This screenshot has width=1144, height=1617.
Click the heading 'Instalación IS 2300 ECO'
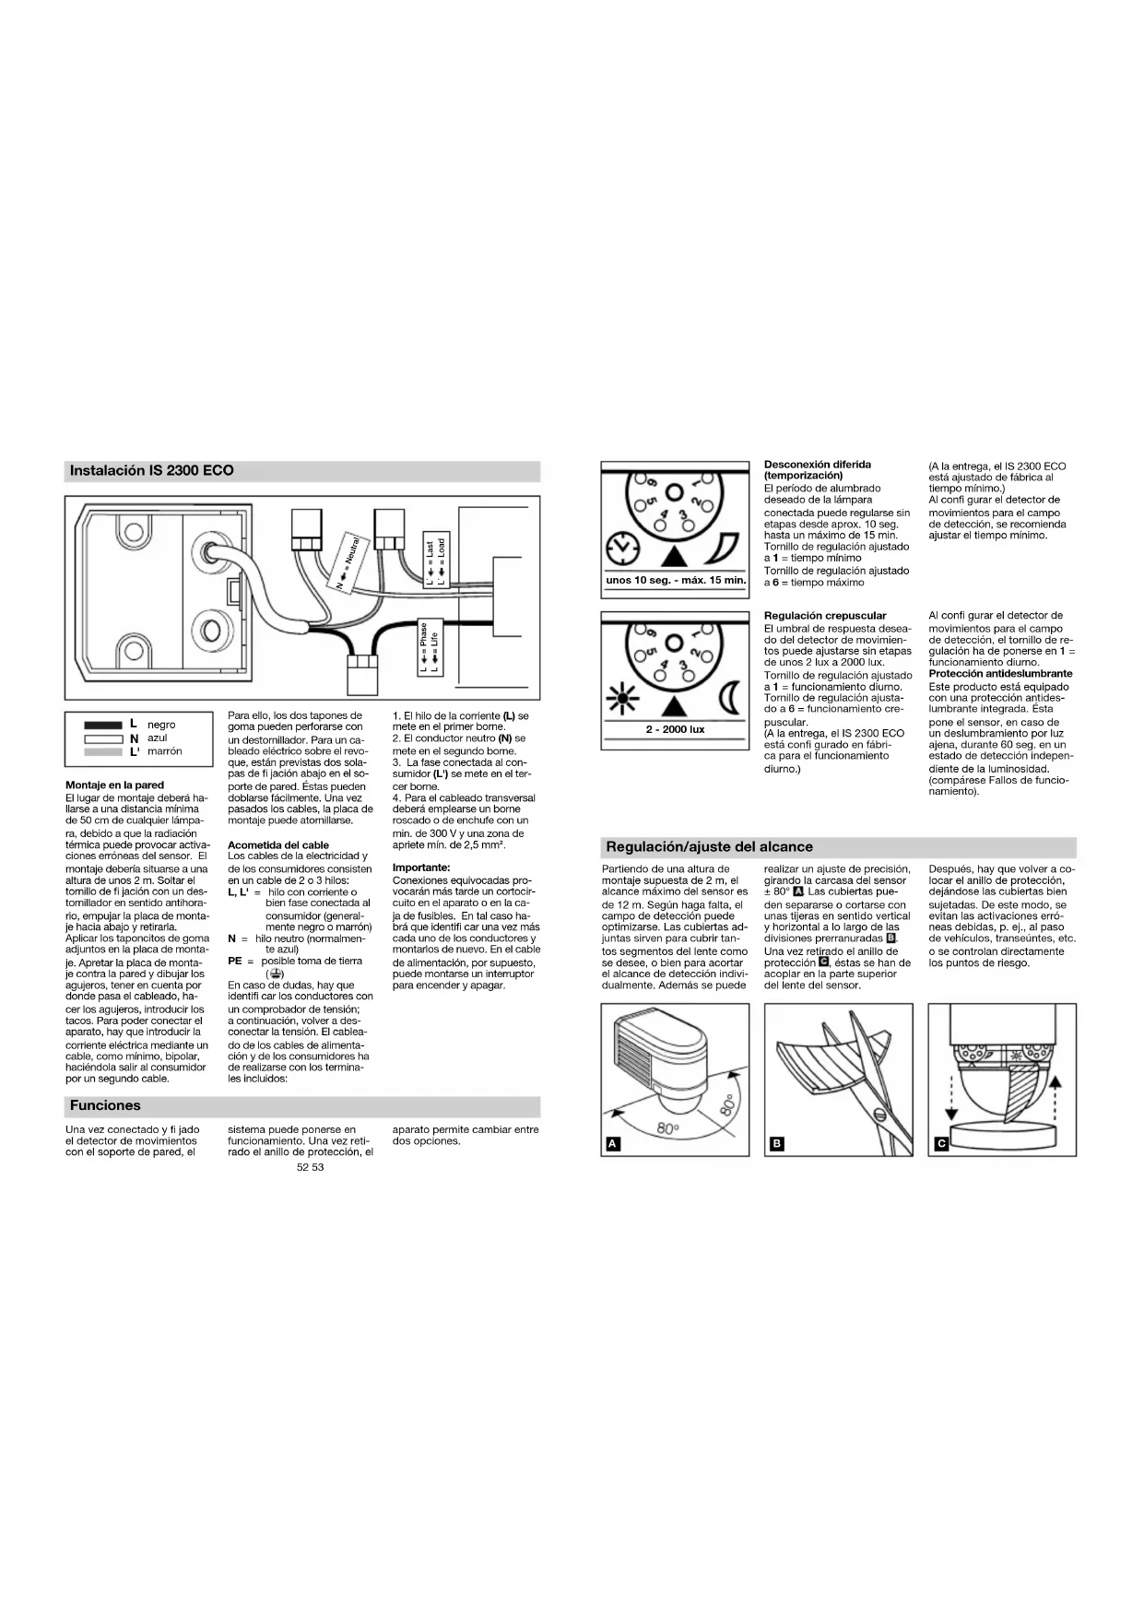click(152, 471)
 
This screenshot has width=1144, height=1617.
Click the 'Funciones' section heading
click(105, 1105)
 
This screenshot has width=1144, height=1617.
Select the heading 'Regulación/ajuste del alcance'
click(709, 846)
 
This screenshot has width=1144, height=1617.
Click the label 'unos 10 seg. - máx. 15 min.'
click(676, 580)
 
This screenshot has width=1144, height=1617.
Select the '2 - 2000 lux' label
click(675, 729)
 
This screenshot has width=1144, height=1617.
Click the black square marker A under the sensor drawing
click(612, 1144)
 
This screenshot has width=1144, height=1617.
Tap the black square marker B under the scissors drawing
click(776, 1144)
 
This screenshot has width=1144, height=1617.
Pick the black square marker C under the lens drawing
click(940, 1144)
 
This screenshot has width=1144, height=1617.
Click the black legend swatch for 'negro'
click(103, 726)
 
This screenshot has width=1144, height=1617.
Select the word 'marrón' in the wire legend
click(165, 751)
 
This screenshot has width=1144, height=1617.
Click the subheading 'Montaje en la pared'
click(114, 785)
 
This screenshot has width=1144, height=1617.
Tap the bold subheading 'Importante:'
click(421, 868)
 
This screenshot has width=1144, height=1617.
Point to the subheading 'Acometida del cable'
click(278, 844)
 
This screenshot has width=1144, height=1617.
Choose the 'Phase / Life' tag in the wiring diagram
click(430, 647)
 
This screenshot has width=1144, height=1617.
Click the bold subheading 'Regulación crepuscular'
click(825, 616)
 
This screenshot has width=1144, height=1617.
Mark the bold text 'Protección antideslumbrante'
click(1000, 674)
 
